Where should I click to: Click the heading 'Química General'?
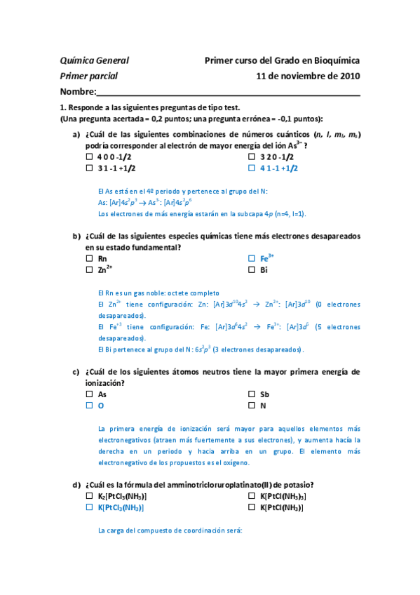click(x=95, y=61)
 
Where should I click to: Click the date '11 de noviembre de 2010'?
click(x=309, y=76)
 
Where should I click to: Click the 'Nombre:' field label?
click(x=78, y=92)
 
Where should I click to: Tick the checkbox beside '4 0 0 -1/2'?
click(x=89, y=157)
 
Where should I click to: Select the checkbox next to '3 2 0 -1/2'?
click(x=252, y=157)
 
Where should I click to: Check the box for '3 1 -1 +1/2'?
click(x=89, y=168)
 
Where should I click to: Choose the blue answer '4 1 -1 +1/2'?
click(x=279, y=168)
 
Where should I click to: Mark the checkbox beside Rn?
click(x=89, y=258)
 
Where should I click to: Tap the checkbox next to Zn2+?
click(x=89, y=269)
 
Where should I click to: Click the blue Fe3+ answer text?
click(x=266, y=258)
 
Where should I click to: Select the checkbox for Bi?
click(x=252, y=269)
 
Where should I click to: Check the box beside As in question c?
click(x=89, y=394)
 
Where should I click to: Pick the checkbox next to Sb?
click(x=252, y=394)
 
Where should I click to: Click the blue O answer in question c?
click(x=101, y=406)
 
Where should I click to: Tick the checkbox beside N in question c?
click(x=252, y=406)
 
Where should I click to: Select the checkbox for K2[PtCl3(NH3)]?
click(x=89, y=496)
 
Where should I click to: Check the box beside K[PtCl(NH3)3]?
click(x=252, y=496)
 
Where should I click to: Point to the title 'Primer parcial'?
click(x=89, y=76)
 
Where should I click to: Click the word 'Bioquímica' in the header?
click(x=335, y=61)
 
